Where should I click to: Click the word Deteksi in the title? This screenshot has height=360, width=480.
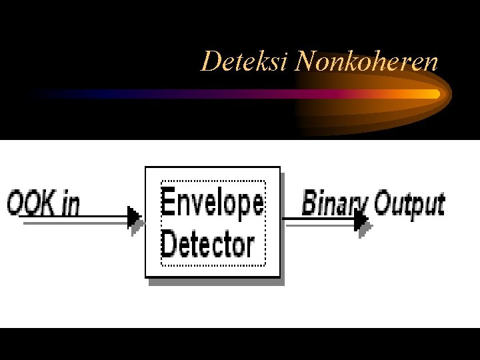pyautogui.click(x=245, y=62)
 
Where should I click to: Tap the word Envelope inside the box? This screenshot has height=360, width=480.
pyautogui.click(x=213, y=203)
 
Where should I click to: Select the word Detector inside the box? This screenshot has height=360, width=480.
pyautogui.click(x=207, y=245)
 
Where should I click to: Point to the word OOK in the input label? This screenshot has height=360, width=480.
pyautogui.click(x=31, y=203)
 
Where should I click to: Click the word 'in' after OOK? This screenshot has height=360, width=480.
pyautogui.click(x=69, y=203)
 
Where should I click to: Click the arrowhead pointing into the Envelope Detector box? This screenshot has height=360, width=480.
pyautogui.click(x=135, y=217)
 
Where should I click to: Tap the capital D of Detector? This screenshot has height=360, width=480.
pyautogui.click(x=169, y=244)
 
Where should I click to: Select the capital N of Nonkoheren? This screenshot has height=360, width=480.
pyautogui.click(x=305, y=62)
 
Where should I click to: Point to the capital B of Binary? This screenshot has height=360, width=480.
pyautogui.click(x=310, y=202)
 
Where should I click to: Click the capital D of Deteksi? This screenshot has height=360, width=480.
pyautogui.click(x=210, y=62)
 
